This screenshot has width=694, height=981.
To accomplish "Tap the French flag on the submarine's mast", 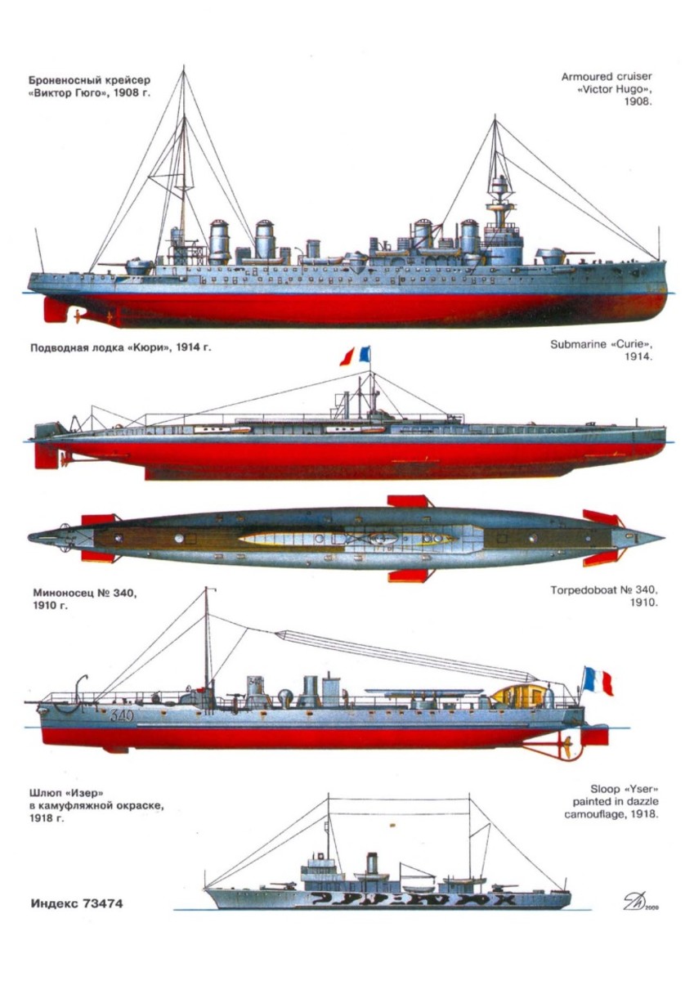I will pos(356,356).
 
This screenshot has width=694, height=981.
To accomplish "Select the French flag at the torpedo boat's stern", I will pos(598,680).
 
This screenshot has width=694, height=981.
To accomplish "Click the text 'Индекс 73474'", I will pos(78,904).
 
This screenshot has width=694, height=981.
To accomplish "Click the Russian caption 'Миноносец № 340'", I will pos(83,600).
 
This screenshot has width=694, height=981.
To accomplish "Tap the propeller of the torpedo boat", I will pos(563,745).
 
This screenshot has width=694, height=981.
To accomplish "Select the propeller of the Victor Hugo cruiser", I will pos(76,314).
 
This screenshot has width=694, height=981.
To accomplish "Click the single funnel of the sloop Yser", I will pos(373,863).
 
